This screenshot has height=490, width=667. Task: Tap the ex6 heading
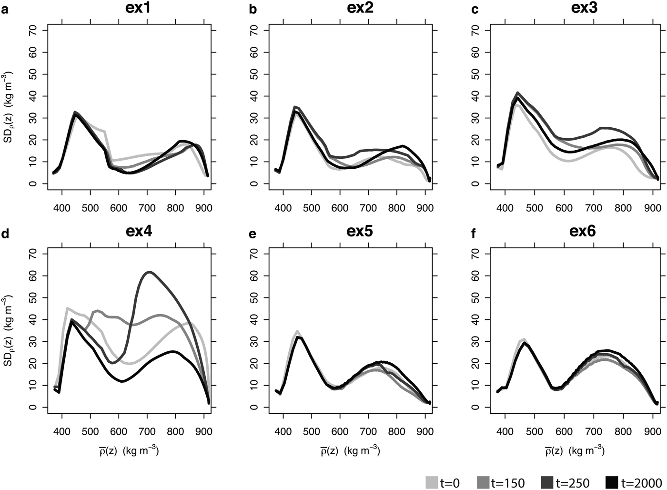tap(582, 231)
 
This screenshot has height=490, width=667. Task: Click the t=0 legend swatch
tap(432, 482)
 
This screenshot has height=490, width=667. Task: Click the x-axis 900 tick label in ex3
tap(650, 208)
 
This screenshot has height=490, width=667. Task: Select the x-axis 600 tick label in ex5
tap(340, 432)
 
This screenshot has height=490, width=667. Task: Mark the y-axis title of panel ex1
tap(9, 107)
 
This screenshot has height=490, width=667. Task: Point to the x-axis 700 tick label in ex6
tap(593, 432)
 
